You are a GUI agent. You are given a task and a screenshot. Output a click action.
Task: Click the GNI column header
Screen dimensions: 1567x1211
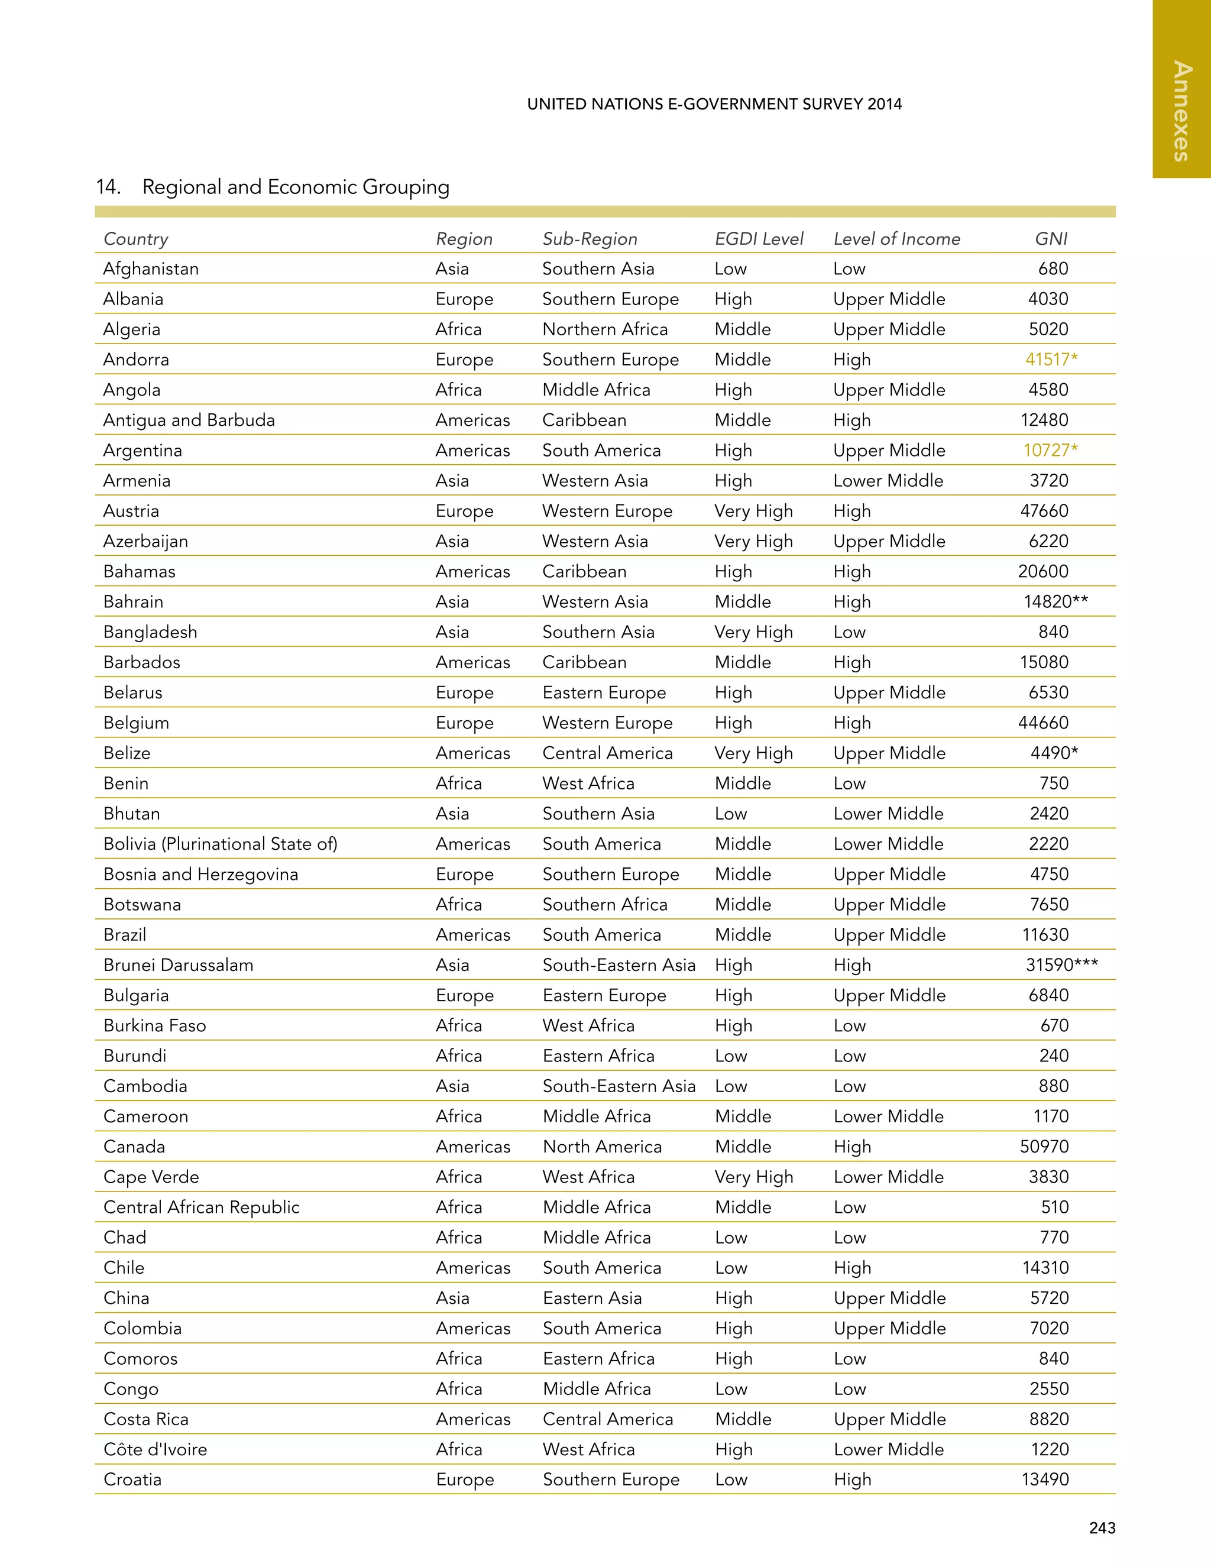(x=1051, y=239)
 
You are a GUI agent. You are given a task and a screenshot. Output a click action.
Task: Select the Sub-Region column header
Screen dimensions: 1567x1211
(x=590, y=239)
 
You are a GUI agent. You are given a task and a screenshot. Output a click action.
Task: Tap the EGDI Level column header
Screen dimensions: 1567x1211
(x=759, y=239)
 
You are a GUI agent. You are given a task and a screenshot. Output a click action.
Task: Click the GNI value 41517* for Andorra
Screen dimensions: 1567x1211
(x=1051, y=360)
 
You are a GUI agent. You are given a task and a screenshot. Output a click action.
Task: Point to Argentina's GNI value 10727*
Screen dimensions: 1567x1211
(x=1050, y=451)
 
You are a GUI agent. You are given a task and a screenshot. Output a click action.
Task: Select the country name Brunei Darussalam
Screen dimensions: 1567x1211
(x=179, y=965)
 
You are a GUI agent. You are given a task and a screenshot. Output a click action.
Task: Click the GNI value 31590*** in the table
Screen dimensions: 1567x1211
(x=1061, y=965)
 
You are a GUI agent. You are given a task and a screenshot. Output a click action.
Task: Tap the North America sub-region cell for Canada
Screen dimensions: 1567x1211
(x=602, y=1147)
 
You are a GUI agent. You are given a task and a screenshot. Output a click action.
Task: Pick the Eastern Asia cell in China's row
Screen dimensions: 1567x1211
(x=592, y=1298)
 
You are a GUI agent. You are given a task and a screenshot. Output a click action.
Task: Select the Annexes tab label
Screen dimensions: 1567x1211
(x=1181, y=111)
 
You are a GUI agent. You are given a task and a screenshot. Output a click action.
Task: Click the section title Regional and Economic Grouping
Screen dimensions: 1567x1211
(x=296, y=187)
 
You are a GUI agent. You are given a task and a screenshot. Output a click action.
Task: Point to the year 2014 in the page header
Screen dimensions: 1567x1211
(x=884, y=104)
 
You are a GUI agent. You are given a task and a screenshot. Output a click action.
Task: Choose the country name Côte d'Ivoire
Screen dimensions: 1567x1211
(x=155, y=1449)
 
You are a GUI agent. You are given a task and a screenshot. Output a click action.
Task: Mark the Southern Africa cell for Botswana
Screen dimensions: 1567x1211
(x=605, y=905)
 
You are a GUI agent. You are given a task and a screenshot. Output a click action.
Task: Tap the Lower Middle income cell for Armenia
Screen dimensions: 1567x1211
(x=888, y=481)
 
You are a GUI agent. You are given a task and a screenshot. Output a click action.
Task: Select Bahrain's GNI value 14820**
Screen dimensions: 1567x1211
(x=1055, y=602)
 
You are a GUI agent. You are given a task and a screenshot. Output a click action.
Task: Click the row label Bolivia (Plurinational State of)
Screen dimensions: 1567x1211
(x=220, y=844)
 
